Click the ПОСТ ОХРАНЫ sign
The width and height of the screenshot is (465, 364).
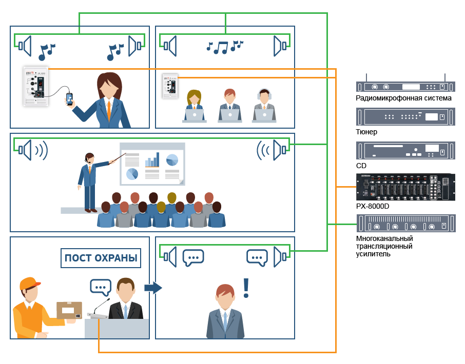pyautogui.click(x=101, y=258)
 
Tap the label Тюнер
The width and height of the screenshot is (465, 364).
pyautogui.click(x=366, y=132)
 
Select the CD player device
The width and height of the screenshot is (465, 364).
pyautogui.click(x=405, y=151)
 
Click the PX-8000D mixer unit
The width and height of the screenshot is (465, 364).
pyautogui.click(x=405, y=187)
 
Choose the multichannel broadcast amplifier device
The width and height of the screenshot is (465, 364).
pyautogui.click(x=406, y=224)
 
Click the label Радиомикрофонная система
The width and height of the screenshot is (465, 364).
pyautogui.click(x=403, y=98)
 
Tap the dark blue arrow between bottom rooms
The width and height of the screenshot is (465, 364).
pyautogui.click(x=153, y=288)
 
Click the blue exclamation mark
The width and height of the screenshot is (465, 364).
pyautogui.click(x=246, y=288)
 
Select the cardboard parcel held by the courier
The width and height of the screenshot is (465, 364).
pyautogui.click(x=69, y=310)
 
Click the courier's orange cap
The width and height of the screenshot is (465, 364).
pyautogui.click(x=29, y=284)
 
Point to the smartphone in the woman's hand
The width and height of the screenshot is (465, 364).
pyautogui.click(x=69, y=99)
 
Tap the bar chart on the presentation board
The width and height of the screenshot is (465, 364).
pyautogui.click(x=152, y=160)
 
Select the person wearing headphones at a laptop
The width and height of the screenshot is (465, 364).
pyautogui.click(x=264, y=106)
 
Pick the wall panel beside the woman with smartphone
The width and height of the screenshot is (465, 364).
pyautogui.click(x=36, y=86)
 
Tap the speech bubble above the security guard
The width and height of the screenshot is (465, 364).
pyautogui.click(x=101, y=287)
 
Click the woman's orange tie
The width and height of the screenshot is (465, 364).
pyautogui.click(x=109, y=110)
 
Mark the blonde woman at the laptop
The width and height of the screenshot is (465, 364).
pyautogui.click(x=194, y=106)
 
